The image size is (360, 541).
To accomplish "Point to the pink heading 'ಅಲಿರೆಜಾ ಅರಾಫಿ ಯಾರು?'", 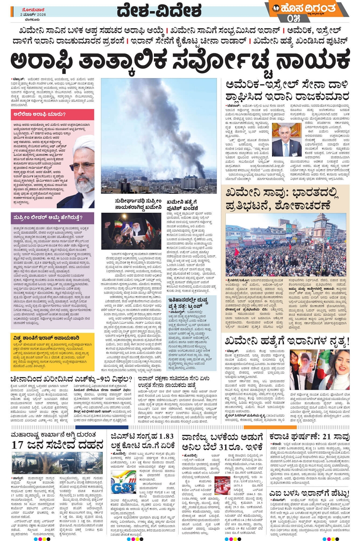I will click(x=40, y=114).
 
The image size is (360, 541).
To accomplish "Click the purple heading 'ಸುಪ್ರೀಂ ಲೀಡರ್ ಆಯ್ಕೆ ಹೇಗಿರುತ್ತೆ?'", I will click(x=48, y=217).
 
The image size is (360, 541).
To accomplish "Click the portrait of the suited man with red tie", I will click(x=286, y=140).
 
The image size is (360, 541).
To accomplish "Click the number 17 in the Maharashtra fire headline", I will click(x=18, y=445).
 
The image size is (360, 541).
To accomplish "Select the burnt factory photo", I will click(x=57, y=463).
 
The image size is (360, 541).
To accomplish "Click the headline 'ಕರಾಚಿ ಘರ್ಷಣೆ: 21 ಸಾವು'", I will click(x=308, y=437).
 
